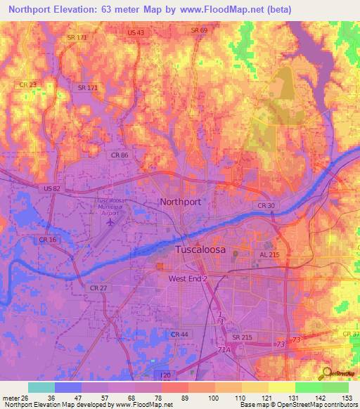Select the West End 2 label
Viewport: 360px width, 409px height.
click(188, 279)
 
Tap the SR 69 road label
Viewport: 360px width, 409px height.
click(200, 30)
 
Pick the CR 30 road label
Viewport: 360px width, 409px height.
click(266, 205)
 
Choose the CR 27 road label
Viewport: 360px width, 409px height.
click(97, 287)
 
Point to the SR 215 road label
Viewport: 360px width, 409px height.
click(243, 338)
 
